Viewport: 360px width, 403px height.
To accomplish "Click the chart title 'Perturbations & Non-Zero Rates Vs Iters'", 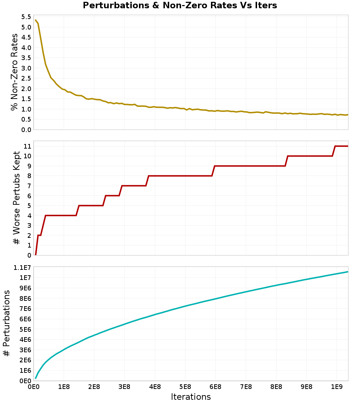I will [180, 5].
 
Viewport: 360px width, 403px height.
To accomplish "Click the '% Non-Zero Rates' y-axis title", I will [14, 72].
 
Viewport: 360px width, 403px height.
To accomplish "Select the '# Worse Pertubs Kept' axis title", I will [17, 198].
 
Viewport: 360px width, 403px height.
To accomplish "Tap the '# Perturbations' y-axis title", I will [6, 323].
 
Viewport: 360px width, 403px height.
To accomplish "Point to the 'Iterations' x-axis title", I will [190, 397].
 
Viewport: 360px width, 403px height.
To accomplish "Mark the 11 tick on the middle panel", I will [27, 146].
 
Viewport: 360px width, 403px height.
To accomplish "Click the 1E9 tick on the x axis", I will [337, 387].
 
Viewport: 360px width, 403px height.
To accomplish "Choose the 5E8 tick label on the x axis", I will [185, 387].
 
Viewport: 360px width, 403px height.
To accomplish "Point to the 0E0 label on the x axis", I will [33, 387].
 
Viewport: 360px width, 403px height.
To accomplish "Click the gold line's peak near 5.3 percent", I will [35, 20].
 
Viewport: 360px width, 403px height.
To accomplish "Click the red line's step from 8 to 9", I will [213, 171].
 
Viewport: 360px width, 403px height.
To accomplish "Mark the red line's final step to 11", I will [334, 151].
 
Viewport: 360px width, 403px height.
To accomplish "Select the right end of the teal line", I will [348, 272].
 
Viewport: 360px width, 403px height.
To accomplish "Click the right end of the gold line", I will [348, 115].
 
